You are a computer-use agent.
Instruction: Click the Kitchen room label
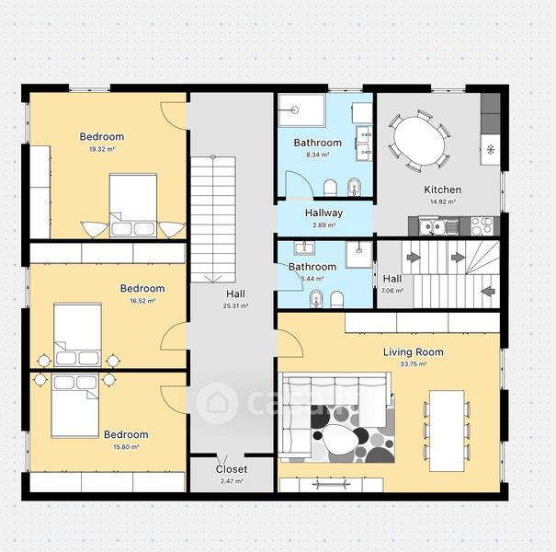[443, 190]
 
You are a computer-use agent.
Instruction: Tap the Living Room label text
[414, 352]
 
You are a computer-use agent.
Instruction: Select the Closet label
[232, 469]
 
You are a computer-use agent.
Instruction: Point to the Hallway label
[323, 213]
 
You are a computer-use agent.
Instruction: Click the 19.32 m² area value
[102, 149]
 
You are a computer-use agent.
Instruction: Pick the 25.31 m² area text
[236, 306]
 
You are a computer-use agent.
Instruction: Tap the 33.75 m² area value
[414, 364]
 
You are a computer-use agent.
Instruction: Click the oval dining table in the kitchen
[420, 141]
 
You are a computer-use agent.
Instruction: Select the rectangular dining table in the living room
[447, 431]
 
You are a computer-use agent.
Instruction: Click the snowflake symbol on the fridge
[491, 149]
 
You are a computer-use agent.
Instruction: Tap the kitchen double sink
[432, 226]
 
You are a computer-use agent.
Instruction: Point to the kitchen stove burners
[482, 226]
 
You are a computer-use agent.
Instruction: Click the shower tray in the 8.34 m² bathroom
[301, 110]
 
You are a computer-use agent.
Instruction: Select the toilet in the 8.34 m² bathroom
[331, 188]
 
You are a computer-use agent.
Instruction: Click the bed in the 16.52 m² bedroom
[77, 335]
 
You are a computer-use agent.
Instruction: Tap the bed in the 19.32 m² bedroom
[133, 205]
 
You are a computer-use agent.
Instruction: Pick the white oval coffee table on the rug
[340, 440]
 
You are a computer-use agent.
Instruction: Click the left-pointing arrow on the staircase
[488, 291]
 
